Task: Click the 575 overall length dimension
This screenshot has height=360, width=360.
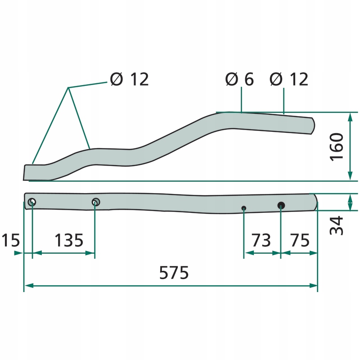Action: pyautogui.click(x=174, y=273)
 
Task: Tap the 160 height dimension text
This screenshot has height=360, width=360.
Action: pyautogui.click(x=336, y=147)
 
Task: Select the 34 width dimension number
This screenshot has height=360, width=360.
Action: pyautogui.click(x=336, y=225)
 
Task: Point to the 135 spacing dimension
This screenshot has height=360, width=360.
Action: pyautogui.click(x=69, y=240)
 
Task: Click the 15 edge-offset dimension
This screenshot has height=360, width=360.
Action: pyautogui.click(x=10, y=240)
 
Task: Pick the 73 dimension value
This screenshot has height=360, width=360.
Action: pyautogui.click(x=261, y=240)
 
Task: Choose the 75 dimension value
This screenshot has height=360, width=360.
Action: pyautogui.click(x=300, y=240)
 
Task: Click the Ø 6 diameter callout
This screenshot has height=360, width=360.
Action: pyautogui.click(x=239, y=79)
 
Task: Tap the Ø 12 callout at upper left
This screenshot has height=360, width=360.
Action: pyautogui.click(x=129, y=79)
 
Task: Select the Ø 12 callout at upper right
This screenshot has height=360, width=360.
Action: pyautogui.click(x=288, y=79)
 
